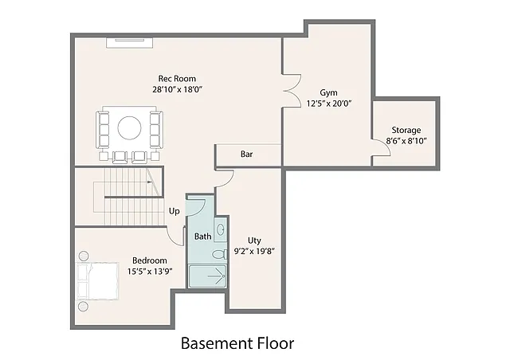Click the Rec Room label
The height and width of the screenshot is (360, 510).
pos(177,78)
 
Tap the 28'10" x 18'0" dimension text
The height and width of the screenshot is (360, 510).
pos(177,89)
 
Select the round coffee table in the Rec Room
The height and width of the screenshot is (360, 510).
pos(129,127)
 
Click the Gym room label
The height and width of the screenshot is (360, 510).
pos(329,92)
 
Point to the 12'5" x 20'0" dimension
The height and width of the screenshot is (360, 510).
pos(329,104)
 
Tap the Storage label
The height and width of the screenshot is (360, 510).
pos(406,130)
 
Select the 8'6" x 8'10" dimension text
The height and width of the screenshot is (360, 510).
pos(406,141)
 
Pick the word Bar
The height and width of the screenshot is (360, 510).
pos(247,155)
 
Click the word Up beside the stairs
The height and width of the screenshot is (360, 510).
pos(174,211)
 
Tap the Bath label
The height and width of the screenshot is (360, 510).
pos(203,237)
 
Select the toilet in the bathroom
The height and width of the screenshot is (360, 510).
pos(218,256)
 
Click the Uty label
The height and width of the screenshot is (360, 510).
pos(254,240)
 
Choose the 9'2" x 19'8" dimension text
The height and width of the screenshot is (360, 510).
pos(254,251)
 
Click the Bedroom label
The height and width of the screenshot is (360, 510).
pos(150,260)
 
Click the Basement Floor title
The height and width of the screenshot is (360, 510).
pos(237,343)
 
